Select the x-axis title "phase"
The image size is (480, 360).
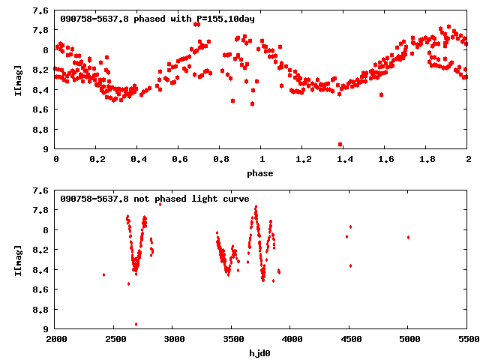coord(262,173)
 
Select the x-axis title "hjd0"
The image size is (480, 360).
coord(262,352)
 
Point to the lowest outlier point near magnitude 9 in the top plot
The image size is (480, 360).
coord(340,144)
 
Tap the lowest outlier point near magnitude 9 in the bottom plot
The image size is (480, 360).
coord(136,324)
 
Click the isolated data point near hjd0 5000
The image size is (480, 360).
coord(408,237)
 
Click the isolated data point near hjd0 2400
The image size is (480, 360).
coord(103,274)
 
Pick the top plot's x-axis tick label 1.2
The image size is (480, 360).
coord(303,160)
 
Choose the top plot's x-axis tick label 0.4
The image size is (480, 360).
coord(138,160)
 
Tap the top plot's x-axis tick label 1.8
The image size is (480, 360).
coord(427,160)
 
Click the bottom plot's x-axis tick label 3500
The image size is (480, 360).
coord(232,339)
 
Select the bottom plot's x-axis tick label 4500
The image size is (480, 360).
coord(349,339)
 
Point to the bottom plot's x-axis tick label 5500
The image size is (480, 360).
coord(466,339)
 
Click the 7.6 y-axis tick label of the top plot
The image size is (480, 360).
coord(42,10)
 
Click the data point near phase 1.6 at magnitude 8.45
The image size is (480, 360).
coord(381,94)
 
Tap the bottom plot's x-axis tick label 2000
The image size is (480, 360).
coord(56,339)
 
